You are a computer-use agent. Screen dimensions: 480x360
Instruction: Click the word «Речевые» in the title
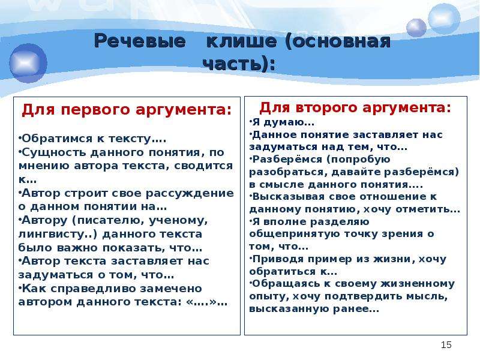point(140,41)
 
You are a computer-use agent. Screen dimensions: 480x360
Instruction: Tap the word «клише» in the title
point(242,41)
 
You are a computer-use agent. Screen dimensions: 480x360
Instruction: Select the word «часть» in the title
point(233,64)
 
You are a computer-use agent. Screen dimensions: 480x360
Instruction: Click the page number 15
point(446,344)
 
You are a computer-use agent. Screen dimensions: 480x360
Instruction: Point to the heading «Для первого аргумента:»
point(127,110)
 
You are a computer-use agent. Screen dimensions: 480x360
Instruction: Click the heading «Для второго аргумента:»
point(355,108)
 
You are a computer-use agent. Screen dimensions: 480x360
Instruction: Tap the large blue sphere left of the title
point(28,64)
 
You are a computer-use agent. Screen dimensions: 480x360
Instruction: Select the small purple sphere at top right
point(416,28)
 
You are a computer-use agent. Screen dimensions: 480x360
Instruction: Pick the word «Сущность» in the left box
point(55,152)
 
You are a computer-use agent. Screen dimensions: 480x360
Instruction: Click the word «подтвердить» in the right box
point(364,296)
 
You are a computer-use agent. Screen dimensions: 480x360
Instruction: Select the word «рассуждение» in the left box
point(190,193)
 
